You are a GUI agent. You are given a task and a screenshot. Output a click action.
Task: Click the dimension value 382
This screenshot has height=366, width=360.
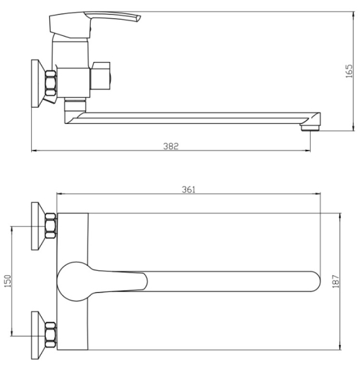tap(171, 146)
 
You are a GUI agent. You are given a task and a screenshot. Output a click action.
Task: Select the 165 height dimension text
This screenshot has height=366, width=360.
tap(349, 71)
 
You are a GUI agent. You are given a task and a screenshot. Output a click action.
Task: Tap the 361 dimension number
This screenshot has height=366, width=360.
tap(189, 189)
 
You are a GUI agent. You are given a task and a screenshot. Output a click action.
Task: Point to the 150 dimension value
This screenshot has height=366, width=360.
tap(8, 281)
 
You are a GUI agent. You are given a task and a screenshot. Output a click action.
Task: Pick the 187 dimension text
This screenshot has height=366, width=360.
tap(336, 282)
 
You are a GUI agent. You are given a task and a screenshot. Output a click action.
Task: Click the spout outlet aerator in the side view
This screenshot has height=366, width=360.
tap(310, 128)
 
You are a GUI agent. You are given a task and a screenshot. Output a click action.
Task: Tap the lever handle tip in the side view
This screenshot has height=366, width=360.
tap(139, 18)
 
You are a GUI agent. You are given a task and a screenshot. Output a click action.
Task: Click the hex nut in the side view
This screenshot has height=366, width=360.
tap(51, 83)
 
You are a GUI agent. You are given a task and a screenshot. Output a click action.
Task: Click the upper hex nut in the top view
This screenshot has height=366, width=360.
tap(51, 226)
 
